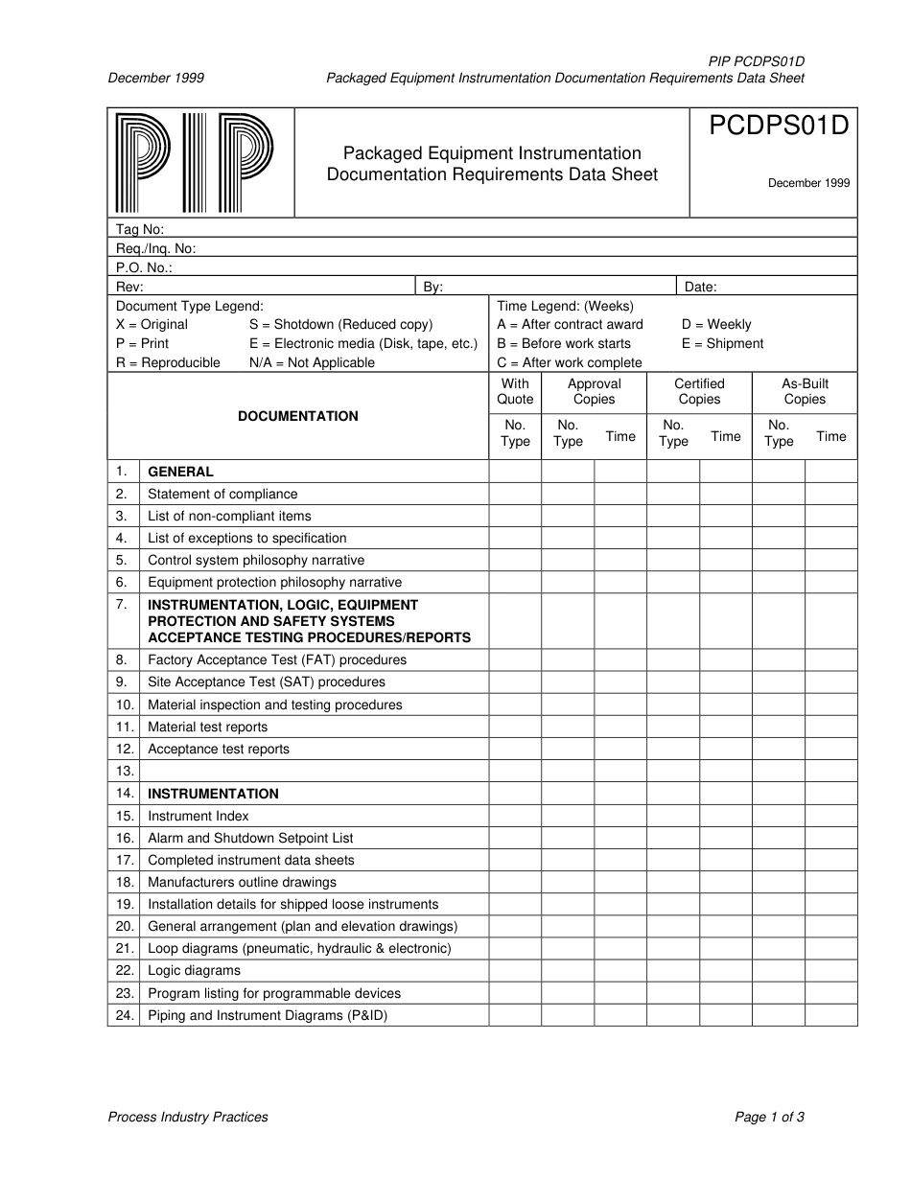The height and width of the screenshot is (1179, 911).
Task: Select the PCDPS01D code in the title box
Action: [779, 127]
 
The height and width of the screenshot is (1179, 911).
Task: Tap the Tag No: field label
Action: [140, 229]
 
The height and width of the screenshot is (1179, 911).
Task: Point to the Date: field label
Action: [700, 287]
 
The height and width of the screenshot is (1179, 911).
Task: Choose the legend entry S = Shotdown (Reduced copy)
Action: [340, 325]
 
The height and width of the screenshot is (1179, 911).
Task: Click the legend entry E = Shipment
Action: [722, 344]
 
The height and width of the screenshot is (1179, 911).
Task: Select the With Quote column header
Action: [515, 392]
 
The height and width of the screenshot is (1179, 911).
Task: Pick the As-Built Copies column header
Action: [804, 392]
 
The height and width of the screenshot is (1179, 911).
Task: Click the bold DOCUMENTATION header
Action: [298, 417]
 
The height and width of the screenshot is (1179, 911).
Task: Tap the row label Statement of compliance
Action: [222, 495]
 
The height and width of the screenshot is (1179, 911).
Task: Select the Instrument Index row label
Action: [198, 817]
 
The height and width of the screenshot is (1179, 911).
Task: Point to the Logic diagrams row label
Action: [194, 971]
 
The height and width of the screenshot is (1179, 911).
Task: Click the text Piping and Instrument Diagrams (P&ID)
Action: [268, 1015]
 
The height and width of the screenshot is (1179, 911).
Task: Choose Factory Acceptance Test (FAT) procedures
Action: [277, 660]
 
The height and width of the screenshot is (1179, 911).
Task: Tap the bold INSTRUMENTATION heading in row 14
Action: [213, 794]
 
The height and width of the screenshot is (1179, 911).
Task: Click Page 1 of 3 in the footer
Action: [769, 1117]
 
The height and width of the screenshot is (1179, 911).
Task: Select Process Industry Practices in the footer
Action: [188, 1117]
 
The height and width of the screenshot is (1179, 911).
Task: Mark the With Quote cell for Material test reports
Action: [515, 728]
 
